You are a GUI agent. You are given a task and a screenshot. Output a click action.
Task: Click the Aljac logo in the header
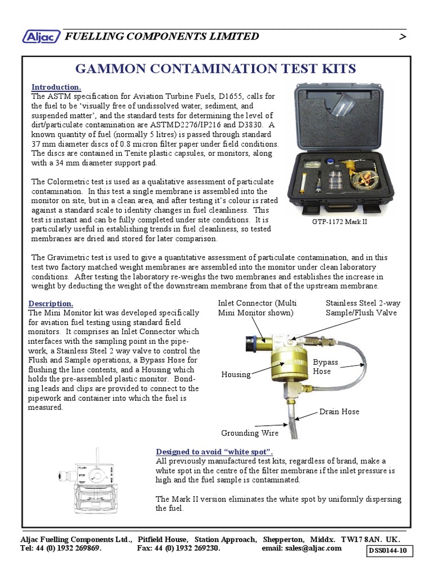tap(41, 37)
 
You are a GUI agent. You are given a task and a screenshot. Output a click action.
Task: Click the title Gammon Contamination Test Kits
tap(216, 69)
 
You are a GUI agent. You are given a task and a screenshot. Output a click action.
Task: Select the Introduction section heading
tap(56, 87)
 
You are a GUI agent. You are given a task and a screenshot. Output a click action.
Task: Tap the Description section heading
tap(51, 304)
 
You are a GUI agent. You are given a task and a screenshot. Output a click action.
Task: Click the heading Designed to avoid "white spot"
tap(214, 452)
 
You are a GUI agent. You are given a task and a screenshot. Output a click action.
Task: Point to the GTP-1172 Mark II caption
tap(339, 222)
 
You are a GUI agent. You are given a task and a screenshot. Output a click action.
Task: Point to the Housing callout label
tap(236, 375)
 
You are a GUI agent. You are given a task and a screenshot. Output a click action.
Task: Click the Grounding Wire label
tap(249, 433)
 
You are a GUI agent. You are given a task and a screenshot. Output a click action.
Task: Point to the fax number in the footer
tap(178, 548)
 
